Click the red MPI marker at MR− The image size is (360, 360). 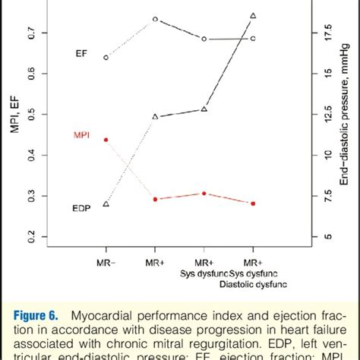click(106, 140)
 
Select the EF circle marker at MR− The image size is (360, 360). click(106, 57)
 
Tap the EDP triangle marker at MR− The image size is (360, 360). click(106, 204)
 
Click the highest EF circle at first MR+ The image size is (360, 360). click(155, 19)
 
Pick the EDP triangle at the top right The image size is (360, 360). click(253, 15)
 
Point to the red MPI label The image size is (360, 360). click(81, 135)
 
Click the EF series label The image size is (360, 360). click(81, 53)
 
